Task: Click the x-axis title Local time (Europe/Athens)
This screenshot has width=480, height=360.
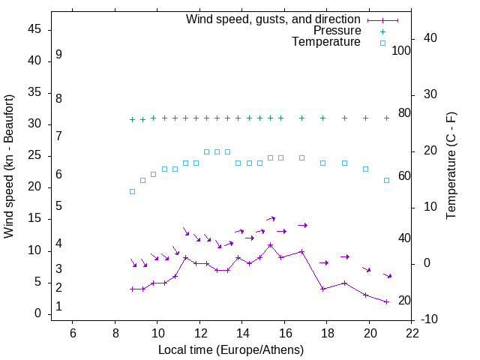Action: pyautogui.click(x=231, y=350)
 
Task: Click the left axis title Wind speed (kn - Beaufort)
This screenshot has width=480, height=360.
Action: pyautogui.click(x=9, y=166)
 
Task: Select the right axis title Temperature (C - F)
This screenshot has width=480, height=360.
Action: pyautogui.click(x=451, y=166)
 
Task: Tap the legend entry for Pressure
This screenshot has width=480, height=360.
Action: pyautogui.click(x=337, y=31)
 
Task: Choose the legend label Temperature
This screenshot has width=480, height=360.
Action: pyautogui.click(x=326, y=42)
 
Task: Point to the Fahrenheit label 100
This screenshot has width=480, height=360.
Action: pyautogui.click(x=401, y=51)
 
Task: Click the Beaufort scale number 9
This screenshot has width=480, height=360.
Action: pyautogui.click(x=58, y=55)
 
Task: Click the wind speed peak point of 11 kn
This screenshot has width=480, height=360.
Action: pyautogui.click(x=270, y=245)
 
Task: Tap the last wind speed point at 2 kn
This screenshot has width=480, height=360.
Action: pyautogui.click(x=386, y=301)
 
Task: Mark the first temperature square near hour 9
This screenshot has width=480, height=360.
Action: pyautogui.click(x=132, y=191)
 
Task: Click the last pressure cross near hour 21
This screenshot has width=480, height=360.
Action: pyautogui.click(x=386, y=118)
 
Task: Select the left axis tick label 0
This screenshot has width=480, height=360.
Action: pyautogui.click(x=38, y=314)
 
